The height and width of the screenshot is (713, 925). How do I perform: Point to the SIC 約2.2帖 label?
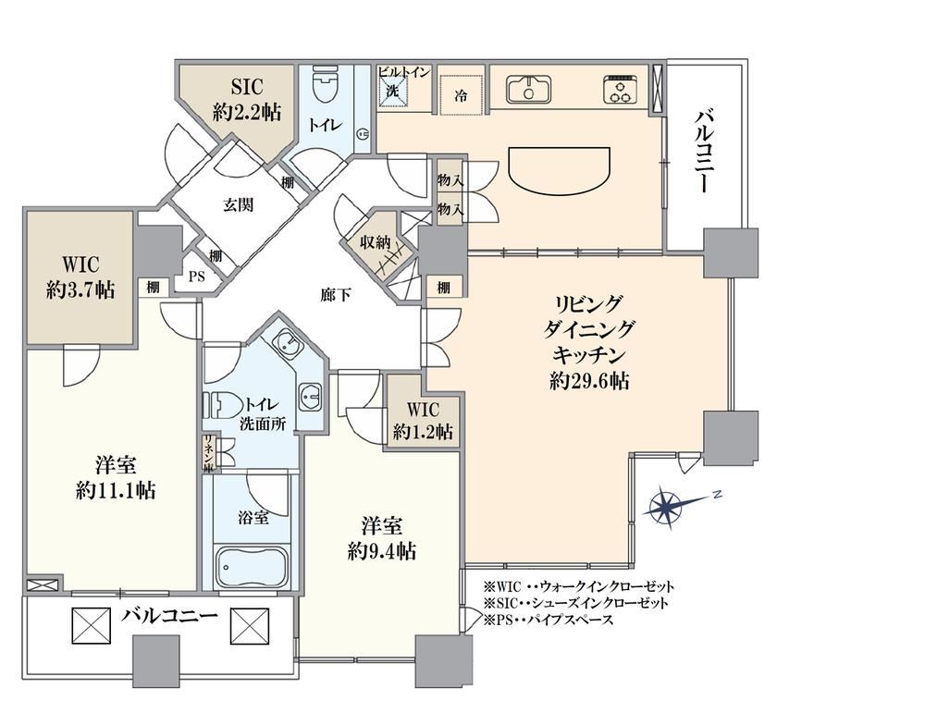point(247,99)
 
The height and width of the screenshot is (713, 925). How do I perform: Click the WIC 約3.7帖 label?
point(80,277)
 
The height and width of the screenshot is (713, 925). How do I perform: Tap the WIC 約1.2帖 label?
point(423,421)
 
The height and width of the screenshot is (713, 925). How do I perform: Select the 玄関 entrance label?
point(239,204)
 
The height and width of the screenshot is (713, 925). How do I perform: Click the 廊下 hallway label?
point(336,295)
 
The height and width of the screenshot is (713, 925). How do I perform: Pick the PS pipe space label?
point(196,276)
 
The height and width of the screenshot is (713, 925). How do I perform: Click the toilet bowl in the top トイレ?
point(322,84)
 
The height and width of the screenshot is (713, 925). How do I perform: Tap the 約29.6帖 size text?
point(588,381)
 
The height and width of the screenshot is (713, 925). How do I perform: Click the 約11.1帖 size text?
point(116,489)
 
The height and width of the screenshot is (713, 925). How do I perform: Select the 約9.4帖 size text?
point(382,551)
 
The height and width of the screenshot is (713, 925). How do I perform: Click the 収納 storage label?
point(376,241)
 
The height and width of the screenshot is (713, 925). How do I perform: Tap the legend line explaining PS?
point(548,620)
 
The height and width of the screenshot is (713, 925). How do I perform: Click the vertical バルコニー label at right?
point(706,151)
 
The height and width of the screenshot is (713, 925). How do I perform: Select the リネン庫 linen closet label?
point(208,453)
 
